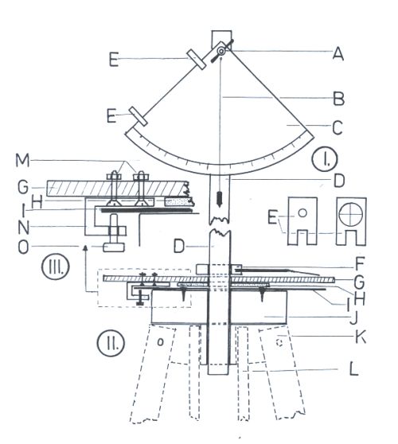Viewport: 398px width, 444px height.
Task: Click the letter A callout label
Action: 338,53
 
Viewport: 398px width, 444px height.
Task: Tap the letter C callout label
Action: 338,127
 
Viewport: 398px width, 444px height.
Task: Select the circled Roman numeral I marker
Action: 325,159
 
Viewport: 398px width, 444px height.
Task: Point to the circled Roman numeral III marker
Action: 56,267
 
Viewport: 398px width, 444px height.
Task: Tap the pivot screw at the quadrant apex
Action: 221,51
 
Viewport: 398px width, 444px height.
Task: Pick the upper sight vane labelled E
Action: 196,59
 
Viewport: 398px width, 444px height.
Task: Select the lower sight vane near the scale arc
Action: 139,116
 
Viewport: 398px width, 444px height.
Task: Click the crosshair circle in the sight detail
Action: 351,214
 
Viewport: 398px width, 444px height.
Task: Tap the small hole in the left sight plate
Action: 302,212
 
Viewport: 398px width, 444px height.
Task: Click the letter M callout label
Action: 22,161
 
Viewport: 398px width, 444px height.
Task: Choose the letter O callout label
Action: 23,247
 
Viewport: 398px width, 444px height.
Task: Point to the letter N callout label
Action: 24,228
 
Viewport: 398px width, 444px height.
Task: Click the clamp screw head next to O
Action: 114,247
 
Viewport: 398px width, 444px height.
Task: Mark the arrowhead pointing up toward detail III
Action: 84,248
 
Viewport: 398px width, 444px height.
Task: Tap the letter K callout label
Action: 361,337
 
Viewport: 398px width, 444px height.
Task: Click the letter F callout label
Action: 359,264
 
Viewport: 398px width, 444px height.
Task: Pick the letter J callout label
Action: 353,318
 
